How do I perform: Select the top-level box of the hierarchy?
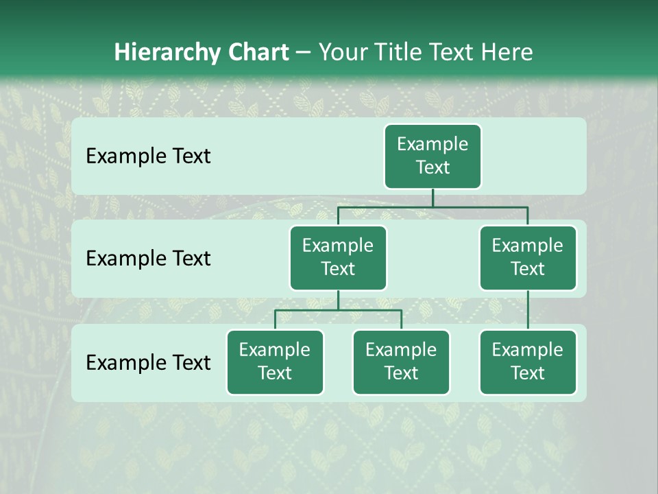coord(432,156)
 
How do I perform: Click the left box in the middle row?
coord(338,257)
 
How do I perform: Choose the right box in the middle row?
coord(528,257)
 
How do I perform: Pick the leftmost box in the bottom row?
coord(275,362)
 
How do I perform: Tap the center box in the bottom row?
coord(401,362)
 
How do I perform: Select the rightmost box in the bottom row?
coord(528,362)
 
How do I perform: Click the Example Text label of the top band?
coord(148,156)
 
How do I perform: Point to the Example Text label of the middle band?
coord(148,259)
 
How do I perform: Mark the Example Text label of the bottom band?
coord(148,362)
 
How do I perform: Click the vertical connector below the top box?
coord(432,198)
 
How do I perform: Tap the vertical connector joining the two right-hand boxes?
coord(528,310)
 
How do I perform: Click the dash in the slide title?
coord(304,53)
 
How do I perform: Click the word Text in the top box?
coord(432,167)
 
